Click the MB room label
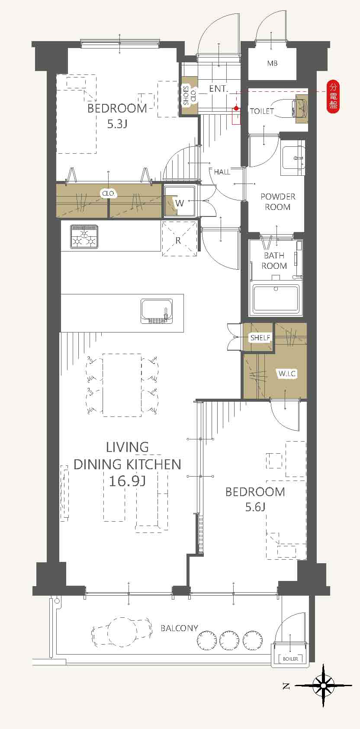pyautogui.click(x=272, y=64)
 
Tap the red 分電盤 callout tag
pyautogui.click(x=333, y=97)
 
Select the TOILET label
pyautogui.click(x=262, y=111)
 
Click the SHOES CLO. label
pyautogui.click(x=190, y=95)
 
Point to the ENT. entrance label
pyautogui.click(x=218, y=88)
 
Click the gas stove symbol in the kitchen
pyautogui.click(x=84, y=237)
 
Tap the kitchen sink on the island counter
pyautogui.click(x=157, y=311)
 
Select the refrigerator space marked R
pyautogui.click(x=179, y=239)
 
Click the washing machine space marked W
pyautogui.click(x=180, y=201)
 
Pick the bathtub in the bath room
pyautogui.click(x=276, y=298)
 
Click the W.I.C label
pyautogui.click(x=287, y=373)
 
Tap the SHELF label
pyautogui.click(x=260, y=338)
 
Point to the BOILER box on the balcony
pyautogui.click(x=290, y=659)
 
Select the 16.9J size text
pyautogui.click(x=127, y=481)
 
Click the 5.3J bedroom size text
pyautogui.click(x=117, y=124)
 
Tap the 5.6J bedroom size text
pyautogui.click(x=255, y=507)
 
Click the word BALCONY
pyautogui.click(x=179, y=628)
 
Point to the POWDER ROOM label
pyautogui.click(x=278, y=202)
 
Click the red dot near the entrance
pyautogui.click(x=236, y=108)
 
